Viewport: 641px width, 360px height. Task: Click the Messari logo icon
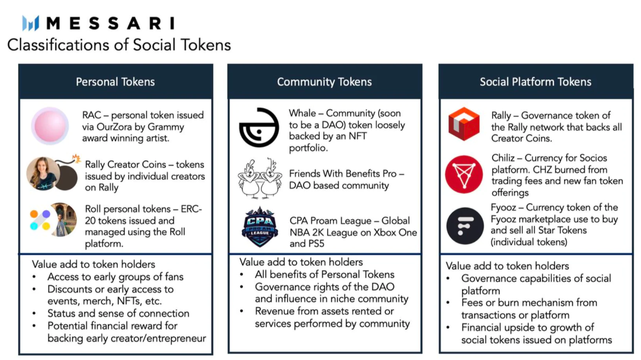tap(31, 23)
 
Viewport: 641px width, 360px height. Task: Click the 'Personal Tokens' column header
tap(115, 82)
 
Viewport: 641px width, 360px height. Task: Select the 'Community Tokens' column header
tap(324, 82)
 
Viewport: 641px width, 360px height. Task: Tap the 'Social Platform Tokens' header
tap(535, 82)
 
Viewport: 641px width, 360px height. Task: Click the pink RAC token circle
tap(50, 126)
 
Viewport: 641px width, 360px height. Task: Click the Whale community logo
tap(259, 127)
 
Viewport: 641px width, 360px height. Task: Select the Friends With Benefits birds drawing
tap(260, 178)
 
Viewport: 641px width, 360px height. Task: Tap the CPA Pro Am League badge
tap(260, 227)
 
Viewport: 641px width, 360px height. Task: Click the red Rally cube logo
tap(464, 124)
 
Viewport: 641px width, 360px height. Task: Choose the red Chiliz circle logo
tap(464, 174)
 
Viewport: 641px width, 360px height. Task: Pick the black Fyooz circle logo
tap(465, 226)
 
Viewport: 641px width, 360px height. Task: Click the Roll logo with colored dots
tap(40, 220)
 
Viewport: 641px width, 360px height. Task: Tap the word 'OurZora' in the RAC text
tap(114, 127)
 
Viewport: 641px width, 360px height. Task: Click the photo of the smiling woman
tap(43, 174)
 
